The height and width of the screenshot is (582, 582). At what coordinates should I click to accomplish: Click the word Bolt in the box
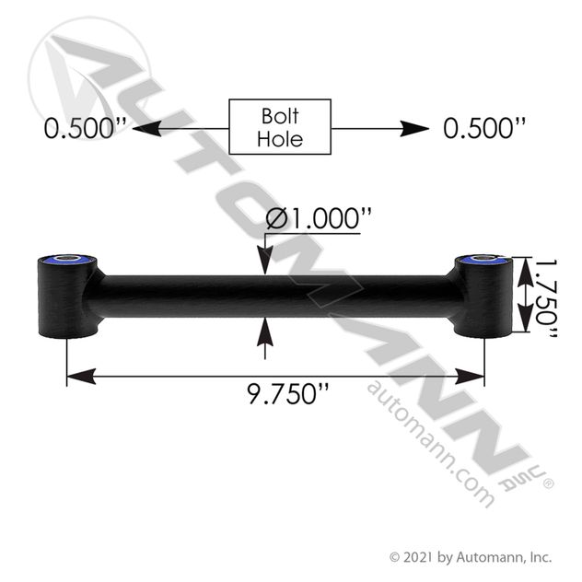(280, 116)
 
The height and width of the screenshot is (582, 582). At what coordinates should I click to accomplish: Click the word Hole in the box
(280, 139)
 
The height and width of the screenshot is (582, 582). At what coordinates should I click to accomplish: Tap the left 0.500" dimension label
(86, 128)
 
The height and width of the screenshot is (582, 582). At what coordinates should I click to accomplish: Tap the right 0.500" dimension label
(484, 128)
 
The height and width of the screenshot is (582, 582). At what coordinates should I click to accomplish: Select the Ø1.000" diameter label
(319, 218)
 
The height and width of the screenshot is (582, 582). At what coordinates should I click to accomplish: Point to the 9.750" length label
(288, 393)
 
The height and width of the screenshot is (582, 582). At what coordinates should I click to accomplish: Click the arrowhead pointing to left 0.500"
(146, 128)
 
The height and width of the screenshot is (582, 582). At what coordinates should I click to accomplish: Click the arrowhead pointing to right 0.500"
(414, 128)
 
